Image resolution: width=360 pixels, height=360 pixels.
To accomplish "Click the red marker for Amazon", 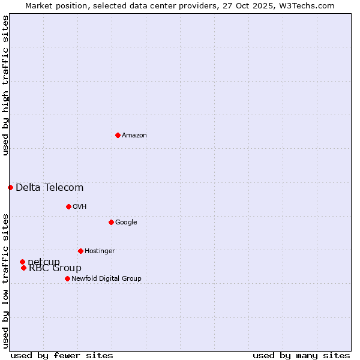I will (118, 135).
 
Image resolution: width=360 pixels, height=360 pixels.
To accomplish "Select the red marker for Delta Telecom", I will (10, 187).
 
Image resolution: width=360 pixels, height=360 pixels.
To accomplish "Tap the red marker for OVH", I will (68, 206).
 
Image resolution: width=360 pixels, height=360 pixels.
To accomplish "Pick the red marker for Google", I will (111, 222).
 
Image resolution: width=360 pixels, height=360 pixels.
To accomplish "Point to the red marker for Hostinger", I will (80, 251).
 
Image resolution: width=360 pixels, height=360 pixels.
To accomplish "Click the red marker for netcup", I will (22, 262).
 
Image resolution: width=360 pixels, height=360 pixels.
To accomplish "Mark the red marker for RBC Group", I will (23, 268).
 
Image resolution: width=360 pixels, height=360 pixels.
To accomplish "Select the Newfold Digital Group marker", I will (67, 278).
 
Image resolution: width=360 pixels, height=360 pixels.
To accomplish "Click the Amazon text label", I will (134, 136).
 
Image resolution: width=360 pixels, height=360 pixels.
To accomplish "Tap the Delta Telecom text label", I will (49, 188).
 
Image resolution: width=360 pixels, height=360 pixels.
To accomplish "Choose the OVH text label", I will (80, 207).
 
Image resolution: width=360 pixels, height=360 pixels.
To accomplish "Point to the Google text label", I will (126, 223).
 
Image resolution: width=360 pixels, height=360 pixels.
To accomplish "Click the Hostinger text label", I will (100, 251).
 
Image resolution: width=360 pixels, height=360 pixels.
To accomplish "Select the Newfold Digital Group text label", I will (106, 279).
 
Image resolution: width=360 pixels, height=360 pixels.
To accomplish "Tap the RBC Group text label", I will (55, 268).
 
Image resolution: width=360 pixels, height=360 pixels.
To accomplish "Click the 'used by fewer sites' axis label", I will (62, 355).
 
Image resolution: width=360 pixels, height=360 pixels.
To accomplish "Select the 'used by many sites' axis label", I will (301, 355).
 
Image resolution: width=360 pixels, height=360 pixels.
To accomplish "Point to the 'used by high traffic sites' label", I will (5, 85).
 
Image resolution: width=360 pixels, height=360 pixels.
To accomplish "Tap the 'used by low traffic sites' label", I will (5, 280).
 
